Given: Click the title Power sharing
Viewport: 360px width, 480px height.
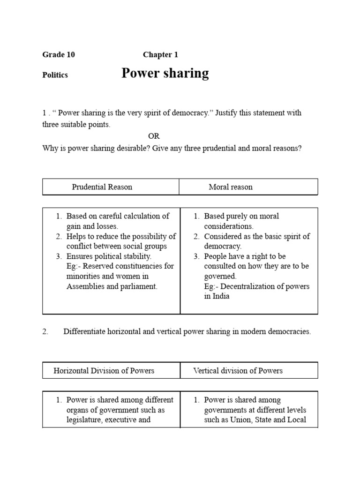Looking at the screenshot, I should (x=165, y=74).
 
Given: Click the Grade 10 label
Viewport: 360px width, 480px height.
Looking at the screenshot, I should (x=59, y=55).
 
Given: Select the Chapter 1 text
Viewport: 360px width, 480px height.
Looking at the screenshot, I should (x=160, y=55).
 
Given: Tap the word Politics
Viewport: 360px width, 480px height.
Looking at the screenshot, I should (x=55, y=75).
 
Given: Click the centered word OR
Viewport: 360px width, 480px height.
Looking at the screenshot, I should (x=154, y=136).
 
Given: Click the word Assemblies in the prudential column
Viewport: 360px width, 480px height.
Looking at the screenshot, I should (x=86, y=286).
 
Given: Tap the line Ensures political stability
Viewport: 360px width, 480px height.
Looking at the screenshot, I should (x=109, y=256).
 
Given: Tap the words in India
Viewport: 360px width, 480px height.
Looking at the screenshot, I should (x=217, y=296).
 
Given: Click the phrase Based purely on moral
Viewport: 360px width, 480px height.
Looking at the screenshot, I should (x=241, y=217).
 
